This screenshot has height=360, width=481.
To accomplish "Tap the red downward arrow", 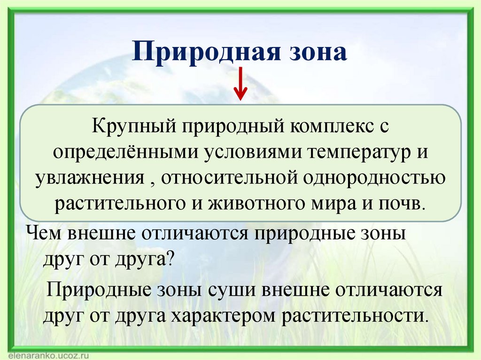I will (240, 84).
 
